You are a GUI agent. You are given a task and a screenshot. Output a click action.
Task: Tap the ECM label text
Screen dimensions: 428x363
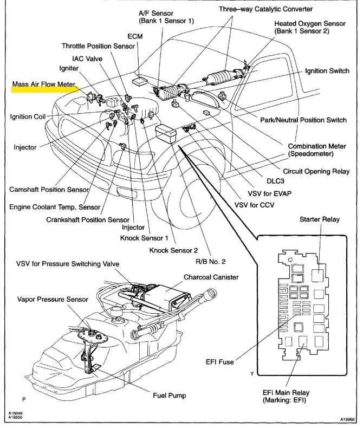[135, 37]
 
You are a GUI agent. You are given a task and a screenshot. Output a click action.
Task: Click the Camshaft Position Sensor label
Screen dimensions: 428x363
[49, 190]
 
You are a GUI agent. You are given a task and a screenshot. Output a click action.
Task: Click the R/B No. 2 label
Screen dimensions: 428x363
[211, 261]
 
